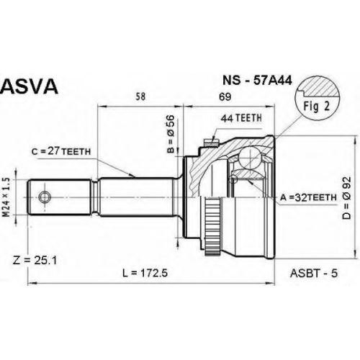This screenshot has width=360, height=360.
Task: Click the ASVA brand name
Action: tap(30, 86)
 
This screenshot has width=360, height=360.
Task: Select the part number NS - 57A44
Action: tap(257, 81)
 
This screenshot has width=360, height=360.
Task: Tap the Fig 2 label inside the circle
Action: tap(317, 106)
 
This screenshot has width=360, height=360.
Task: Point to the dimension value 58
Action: tap(140, 96)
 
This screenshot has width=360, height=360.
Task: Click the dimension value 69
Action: tap(225, 96)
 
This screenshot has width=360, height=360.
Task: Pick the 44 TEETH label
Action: tap(241, 118)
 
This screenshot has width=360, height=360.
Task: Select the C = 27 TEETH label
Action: tap(61, 151)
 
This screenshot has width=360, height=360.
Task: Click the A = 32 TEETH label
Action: tap(308, 197)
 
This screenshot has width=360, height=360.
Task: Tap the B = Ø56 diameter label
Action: tap(171, 134)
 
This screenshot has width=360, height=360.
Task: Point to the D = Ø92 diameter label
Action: tap(347, 198)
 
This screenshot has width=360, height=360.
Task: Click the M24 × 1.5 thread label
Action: tap(6, 197)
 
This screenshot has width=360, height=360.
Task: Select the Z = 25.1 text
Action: tap(35, 261)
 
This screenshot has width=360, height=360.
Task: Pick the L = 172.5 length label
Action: tap(145, 273)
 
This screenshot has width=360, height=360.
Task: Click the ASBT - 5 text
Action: tap(314, 273)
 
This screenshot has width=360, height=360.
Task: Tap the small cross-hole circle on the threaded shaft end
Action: tap(45, 197)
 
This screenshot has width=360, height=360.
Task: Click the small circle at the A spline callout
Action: tap(233, 179)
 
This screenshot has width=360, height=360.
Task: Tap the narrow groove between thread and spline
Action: tap(95, 197)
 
